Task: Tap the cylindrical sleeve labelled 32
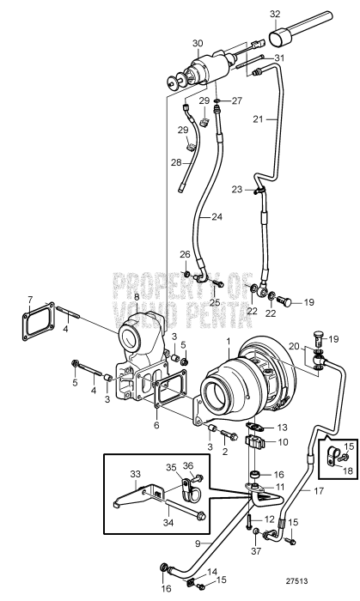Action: pyautogui.click(x=284, y=38)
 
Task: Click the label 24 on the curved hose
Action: pyautogui.click(x=216, y=217)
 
